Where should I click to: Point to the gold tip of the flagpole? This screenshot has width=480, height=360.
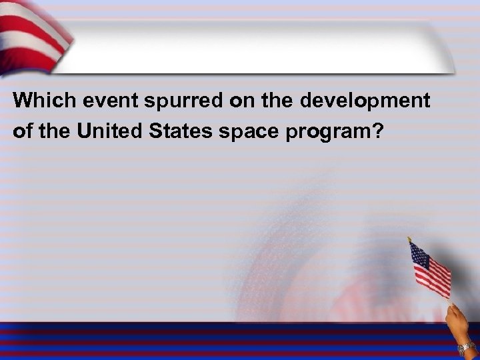(410, 238)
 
